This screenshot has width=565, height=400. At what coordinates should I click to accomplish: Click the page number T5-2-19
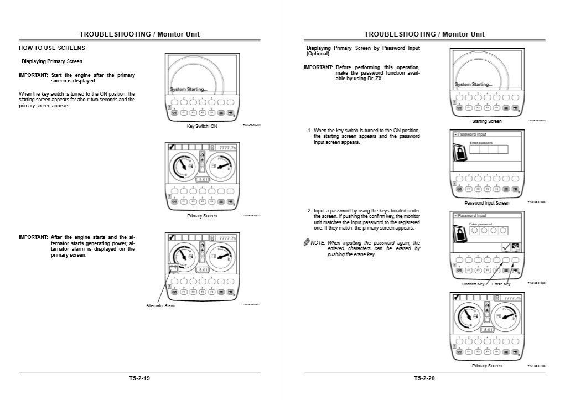point(139,378)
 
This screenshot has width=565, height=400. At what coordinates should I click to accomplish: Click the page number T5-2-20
point(424,378)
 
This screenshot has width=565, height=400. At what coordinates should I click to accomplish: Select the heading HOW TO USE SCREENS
point(52,48)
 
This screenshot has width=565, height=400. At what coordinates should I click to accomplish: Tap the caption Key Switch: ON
point(202,127)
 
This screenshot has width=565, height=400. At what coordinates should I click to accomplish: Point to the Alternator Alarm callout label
point(160,305)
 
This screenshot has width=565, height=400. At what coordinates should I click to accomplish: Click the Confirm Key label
point(473,284)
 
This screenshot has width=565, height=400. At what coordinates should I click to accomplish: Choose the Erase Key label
point(501,284)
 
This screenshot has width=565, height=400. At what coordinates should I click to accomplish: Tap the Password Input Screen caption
point(486,203)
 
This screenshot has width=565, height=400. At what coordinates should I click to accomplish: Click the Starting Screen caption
point(487,121)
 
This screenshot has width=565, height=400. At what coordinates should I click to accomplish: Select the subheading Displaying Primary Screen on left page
point(52,61)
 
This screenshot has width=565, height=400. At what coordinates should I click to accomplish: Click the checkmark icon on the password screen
point(506,247)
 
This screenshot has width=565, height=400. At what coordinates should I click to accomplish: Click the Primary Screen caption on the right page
point(487,366)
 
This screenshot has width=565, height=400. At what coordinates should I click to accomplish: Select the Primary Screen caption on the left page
point(202,216)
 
